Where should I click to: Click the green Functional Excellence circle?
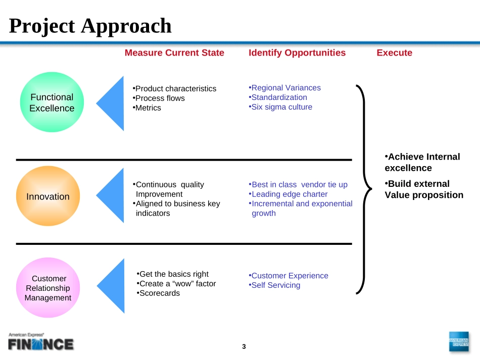point(52,102)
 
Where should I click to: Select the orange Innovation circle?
point(49,196)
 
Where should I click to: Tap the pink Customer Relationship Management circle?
point(49,288)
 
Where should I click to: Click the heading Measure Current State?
point(174,53)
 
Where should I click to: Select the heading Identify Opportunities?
point(297,53)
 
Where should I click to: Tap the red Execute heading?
point(394,53)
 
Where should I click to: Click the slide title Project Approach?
point(90,26)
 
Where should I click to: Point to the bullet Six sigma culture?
point(281,107)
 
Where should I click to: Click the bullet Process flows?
point(160,98)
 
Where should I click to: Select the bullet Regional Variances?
point(285,88)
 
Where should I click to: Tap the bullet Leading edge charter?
point(289,194)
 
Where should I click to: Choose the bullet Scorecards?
point(159,293)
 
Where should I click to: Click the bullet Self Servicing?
point(275,285)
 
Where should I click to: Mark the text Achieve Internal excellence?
point(422,162)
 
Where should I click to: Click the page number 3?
point(244,346)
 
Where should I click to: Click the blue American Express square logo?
point(458,342)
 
